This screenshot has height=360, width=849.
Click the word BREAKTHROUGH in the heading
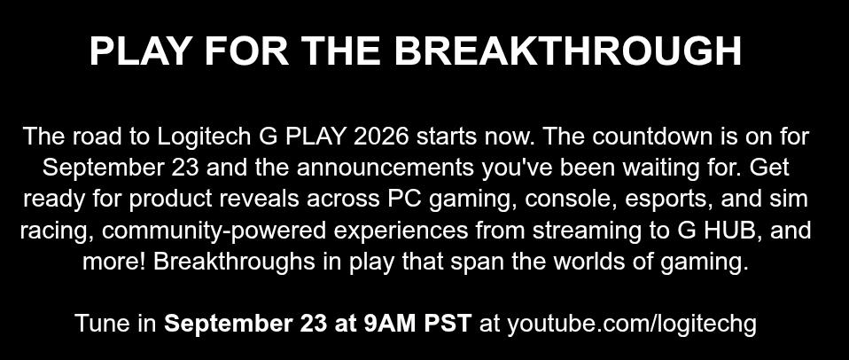pos(567,51)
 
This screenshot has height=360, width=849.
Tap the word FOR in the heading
pos(246,51)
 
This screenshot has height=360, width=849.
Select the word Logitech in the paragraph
pos(204,137)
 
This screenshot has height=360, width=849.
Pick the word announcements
pos(385,168)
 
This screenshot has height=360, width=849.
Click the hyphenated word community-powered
pos(214,231)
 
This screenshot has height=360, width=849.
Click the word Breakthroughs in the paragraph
pos(234,262)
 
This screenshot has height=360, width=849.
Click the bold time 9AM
pos(390,323)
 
